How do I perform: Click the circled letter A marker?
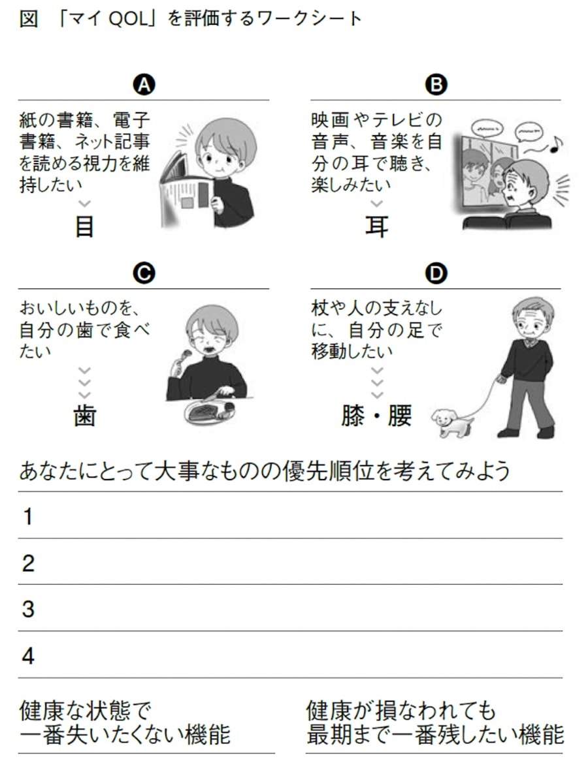coord(144,85)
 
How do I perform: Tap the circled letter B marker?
coord(436,85)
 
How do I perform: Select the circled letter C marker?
coord(144,273)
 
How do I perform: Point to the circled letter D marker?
coord(436,273)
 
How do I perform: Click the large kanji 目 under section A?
coord(85,227)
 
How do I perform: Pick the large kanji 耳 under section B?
coord(376,227)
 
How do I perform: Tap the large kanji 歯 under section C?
coord(85,416)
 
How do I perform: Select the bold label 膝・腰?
coord(376,416)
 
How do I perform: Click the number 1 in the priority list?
coord(28,517)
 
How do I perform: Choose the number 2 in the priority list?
coord(28,563)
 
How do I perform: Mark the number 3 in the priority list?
coord(28,610)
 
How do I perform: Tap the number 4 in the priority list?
coord(28,656)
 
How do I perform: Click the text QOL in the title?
coord(127,19)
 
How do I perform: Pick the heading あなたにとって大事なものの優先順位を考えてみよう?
coord(264,471)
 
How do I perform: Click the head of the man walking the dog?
coord(532,316)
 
